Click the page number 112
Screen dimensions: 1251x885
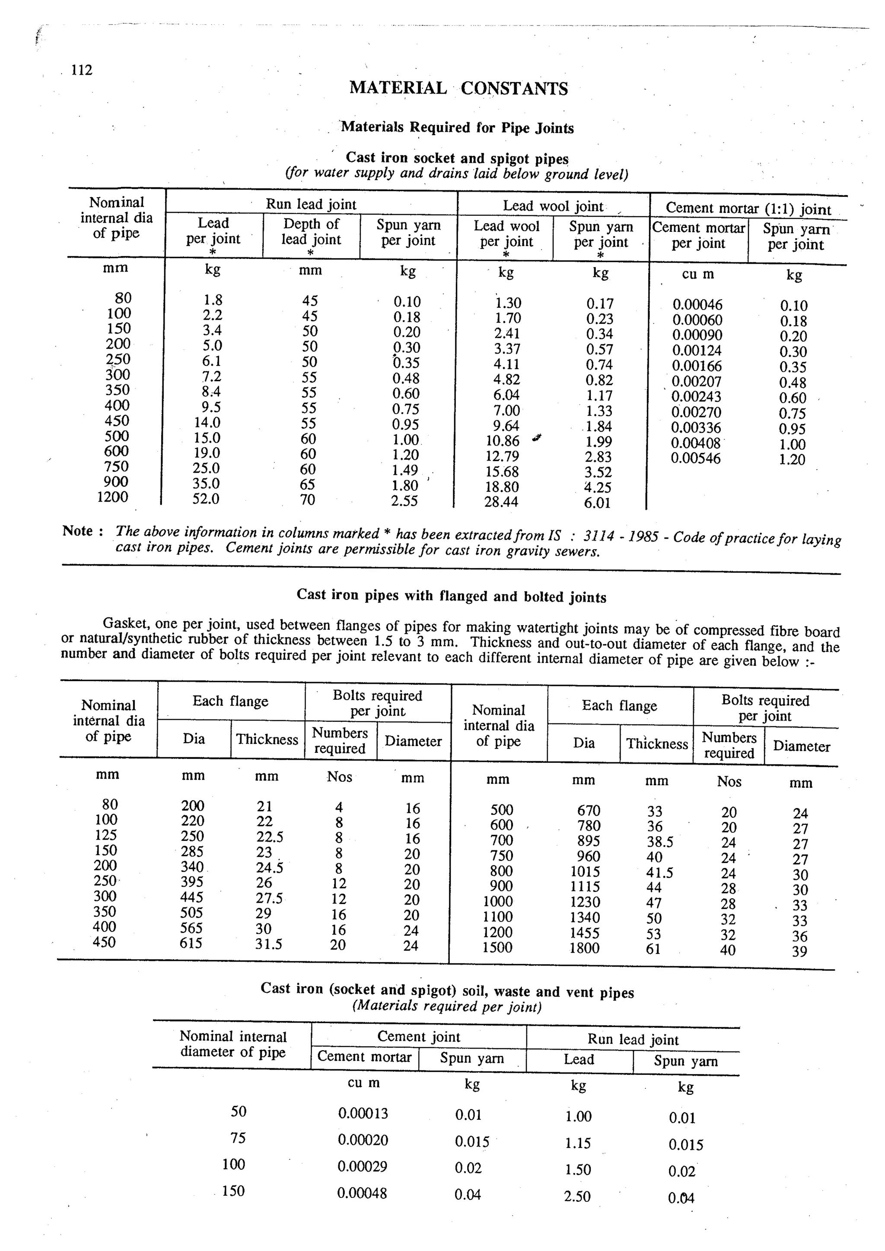point(82,70)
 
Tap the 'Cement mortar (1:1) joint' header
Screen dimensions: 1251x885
point(748,208)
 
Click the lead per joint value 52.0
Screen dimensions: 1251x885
point(206,499)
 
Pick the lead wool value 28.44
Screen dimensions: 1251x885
point(501,502)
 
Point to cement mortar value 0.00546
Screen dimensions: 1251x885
point(695,458)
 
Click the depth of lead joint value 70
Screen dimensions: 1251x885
point(308,499)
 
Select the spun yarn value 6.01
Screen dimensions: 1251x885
point(597,503)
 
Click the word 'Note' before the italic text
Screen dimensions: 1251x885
point(77,531)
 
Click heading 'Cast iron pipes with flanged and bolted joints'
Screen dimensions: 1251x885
point(451,596)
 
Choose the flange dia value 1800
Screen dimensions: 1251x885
point(584,948)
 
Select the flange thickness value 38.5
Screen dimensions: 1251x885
point(659,842)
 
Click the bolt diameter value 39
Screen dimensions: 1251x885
point(799,951)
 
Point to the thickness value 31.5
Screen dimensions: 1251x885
point(268,944)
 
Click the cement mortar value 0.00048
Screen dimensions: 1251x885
point(362,1193)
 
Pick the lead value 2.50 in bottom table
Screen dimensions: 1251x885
point(577,1196)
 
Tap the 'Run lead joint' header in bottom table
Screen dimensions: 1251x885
point(633,1039)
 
